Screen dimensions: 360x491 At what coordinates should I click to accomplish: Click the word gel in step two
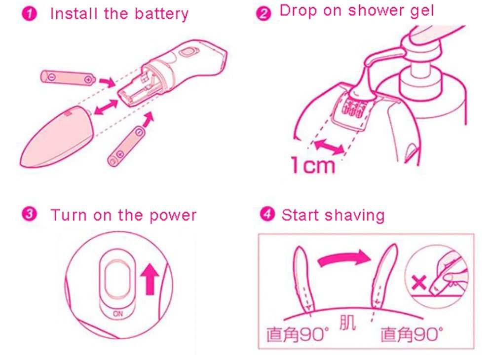pyautogui.click(x=419, y=11)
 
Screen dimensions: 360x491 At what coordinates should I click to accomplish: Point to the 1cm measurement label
pyautogui.click(x=312, y=165)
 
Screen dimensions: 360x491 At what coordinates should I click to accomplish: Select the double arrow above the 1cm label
pyautogui.click(x=330, y=146)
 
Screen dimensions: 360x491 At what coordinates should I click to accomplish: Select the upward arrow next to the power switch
pyautogui.click(x=148, y=279)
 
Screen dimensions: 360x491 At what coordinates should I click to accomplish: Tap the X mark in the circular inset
pyautogui.click(x=418, y=283)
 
